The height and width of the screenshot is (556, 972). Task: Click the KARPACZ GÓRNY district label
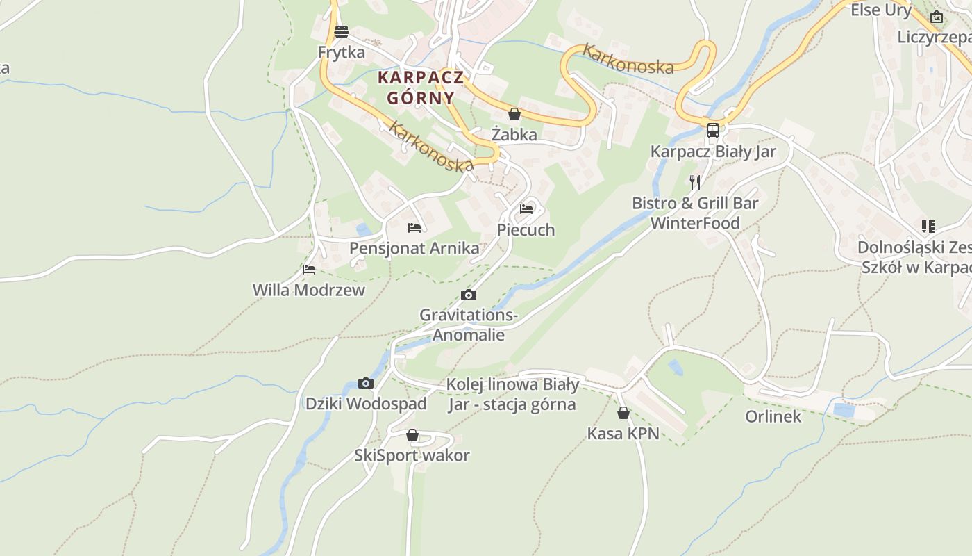point(421,87)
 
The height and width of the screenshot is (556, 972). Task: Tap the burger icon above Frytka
point(341,31)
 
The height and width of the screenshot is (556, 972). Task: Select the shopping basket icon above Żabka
point(514,114)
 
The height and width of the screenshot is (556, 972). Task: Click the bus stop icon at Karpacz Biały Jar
point(712,131)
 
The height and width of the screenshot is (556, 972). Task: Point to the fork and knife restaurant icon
point(695,183)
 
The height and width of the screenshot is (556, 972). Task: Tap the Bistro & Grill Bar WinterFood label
point(695,213)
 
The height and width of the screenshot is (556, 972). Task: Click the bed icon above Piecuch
point(526,208)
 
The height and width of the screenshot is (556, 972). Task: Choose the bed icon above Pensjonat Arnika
point(414,227)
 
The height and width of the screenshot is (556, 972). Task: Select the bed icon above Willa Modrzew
point(309,269)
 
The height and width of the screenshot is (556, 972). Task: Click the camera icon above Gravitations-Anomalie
point(469,295)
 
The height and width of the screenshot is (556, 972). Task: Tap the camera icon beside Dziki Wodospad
point(365,383)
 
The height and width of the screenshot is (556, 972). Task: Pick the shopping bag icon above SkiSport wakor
point(412,435)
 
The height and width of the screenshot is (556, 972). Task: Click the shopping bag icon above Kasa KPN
point(623,413)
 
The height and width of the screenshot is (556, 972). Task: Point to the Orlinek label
point(773,416)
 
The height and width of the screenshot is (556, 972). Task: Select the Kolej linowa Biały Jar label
point(512,394)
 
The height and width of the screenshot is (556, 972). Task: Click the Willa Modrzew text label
point(308,290)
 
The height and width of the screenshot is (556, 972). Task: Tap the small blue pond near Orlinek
point(844,410)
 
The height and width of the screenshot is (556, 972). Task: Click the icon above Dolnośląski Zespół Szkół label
point(928,226)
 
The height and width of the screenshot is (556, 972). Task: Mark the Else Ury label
point(880,10)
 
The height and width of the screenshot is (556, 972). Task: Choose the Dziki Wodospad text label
point(366,403)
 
